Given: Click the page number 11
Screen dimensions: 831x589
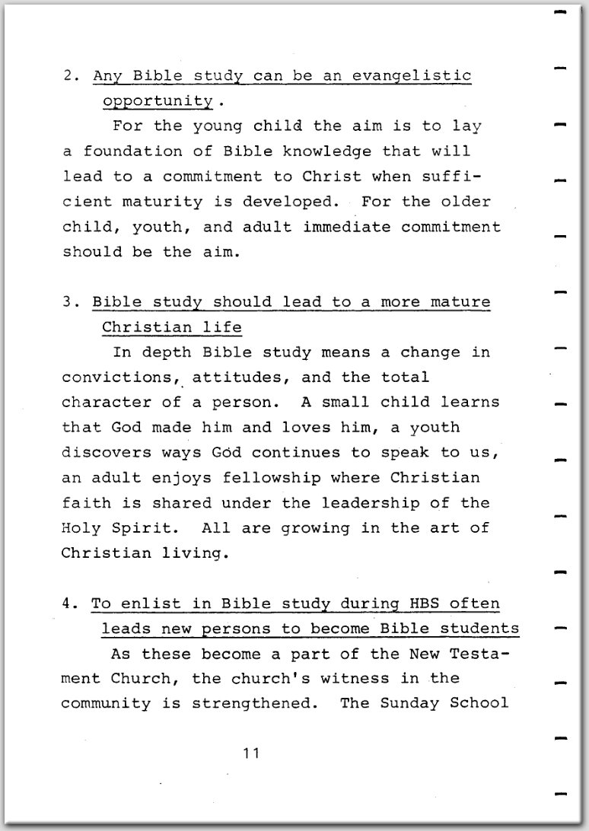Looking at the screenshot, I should (252, 754).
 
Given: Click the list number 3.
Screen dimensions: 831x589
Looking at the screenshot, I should (68, 302).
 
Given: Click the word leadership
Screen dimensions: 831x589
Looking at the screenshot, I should (390, 503).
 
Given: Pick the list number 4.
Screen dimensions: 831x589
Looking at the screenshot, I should (67, 603).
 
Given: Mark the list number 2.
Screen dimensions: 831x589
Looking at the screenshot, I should (68, 76).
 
